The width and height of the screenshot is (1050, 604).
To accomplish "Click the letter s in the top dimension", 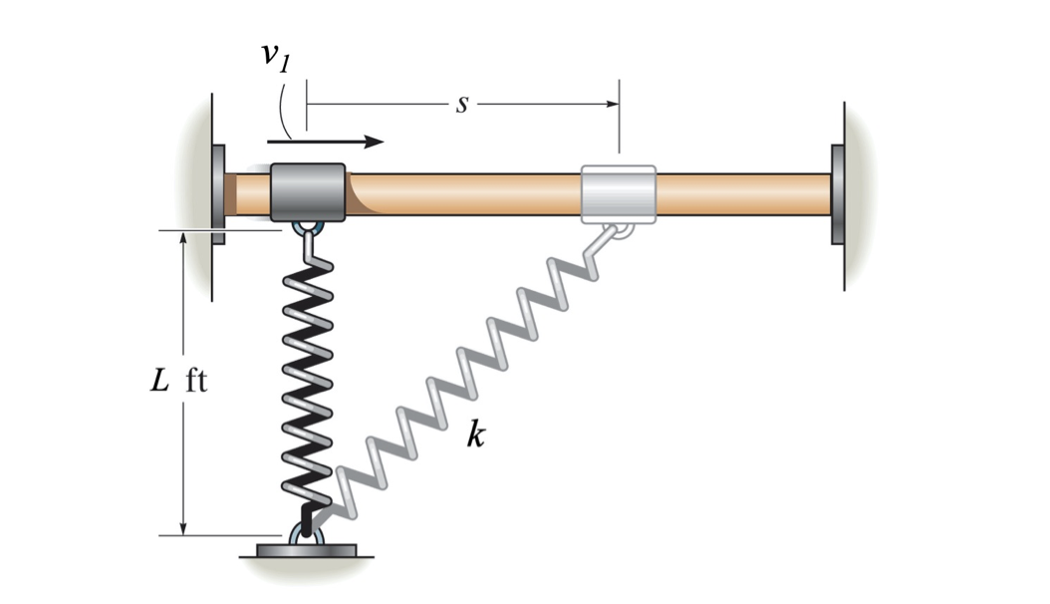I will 461,104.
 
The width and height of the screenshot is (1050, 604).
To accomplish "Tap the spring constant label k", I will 476,436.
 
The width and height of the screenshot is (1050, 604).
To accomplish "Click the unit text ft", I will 196,382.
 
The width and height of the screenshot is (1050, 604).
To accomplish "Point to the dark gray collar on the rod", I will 308,192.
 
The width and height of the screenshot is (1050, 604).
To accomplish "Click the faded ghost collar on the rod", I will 618,192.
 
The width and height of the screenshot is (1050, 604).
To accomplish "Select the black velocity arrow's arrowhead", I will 374,142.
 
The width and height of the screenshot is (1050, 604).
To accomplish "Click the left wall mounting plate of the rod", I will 218,194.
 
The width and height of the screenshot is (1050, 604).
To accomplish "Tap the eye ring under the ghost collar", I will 621,231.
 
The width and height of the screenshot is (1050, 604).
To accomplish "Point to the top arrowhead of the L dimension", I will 183,240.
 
